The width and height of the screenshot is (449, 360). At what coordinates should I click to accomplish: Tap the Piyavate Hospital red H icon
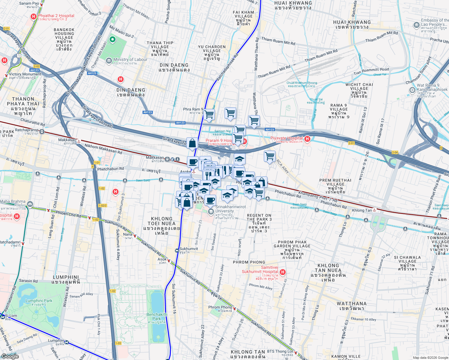307,139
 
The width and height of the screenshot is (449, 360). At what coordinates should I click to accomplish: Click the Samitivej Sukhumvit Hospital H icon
282,272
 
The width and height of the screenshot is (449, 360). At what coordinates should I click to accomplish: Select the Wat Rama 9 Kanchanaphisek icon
412,90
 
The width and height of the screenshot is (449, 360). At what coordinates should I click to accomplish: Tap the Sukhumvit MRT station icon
177,250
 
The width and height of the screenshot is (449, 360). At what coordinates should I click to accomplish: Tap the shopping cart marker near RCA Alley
270,156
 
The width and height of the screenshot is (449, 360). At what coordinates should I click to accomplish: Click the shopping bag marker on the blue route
192,143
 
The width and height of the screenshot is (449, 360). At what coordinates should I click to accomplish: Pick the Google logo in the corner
10,356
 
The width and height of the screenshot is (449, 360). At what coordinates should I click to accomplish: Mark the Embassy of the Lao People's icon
417,25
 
